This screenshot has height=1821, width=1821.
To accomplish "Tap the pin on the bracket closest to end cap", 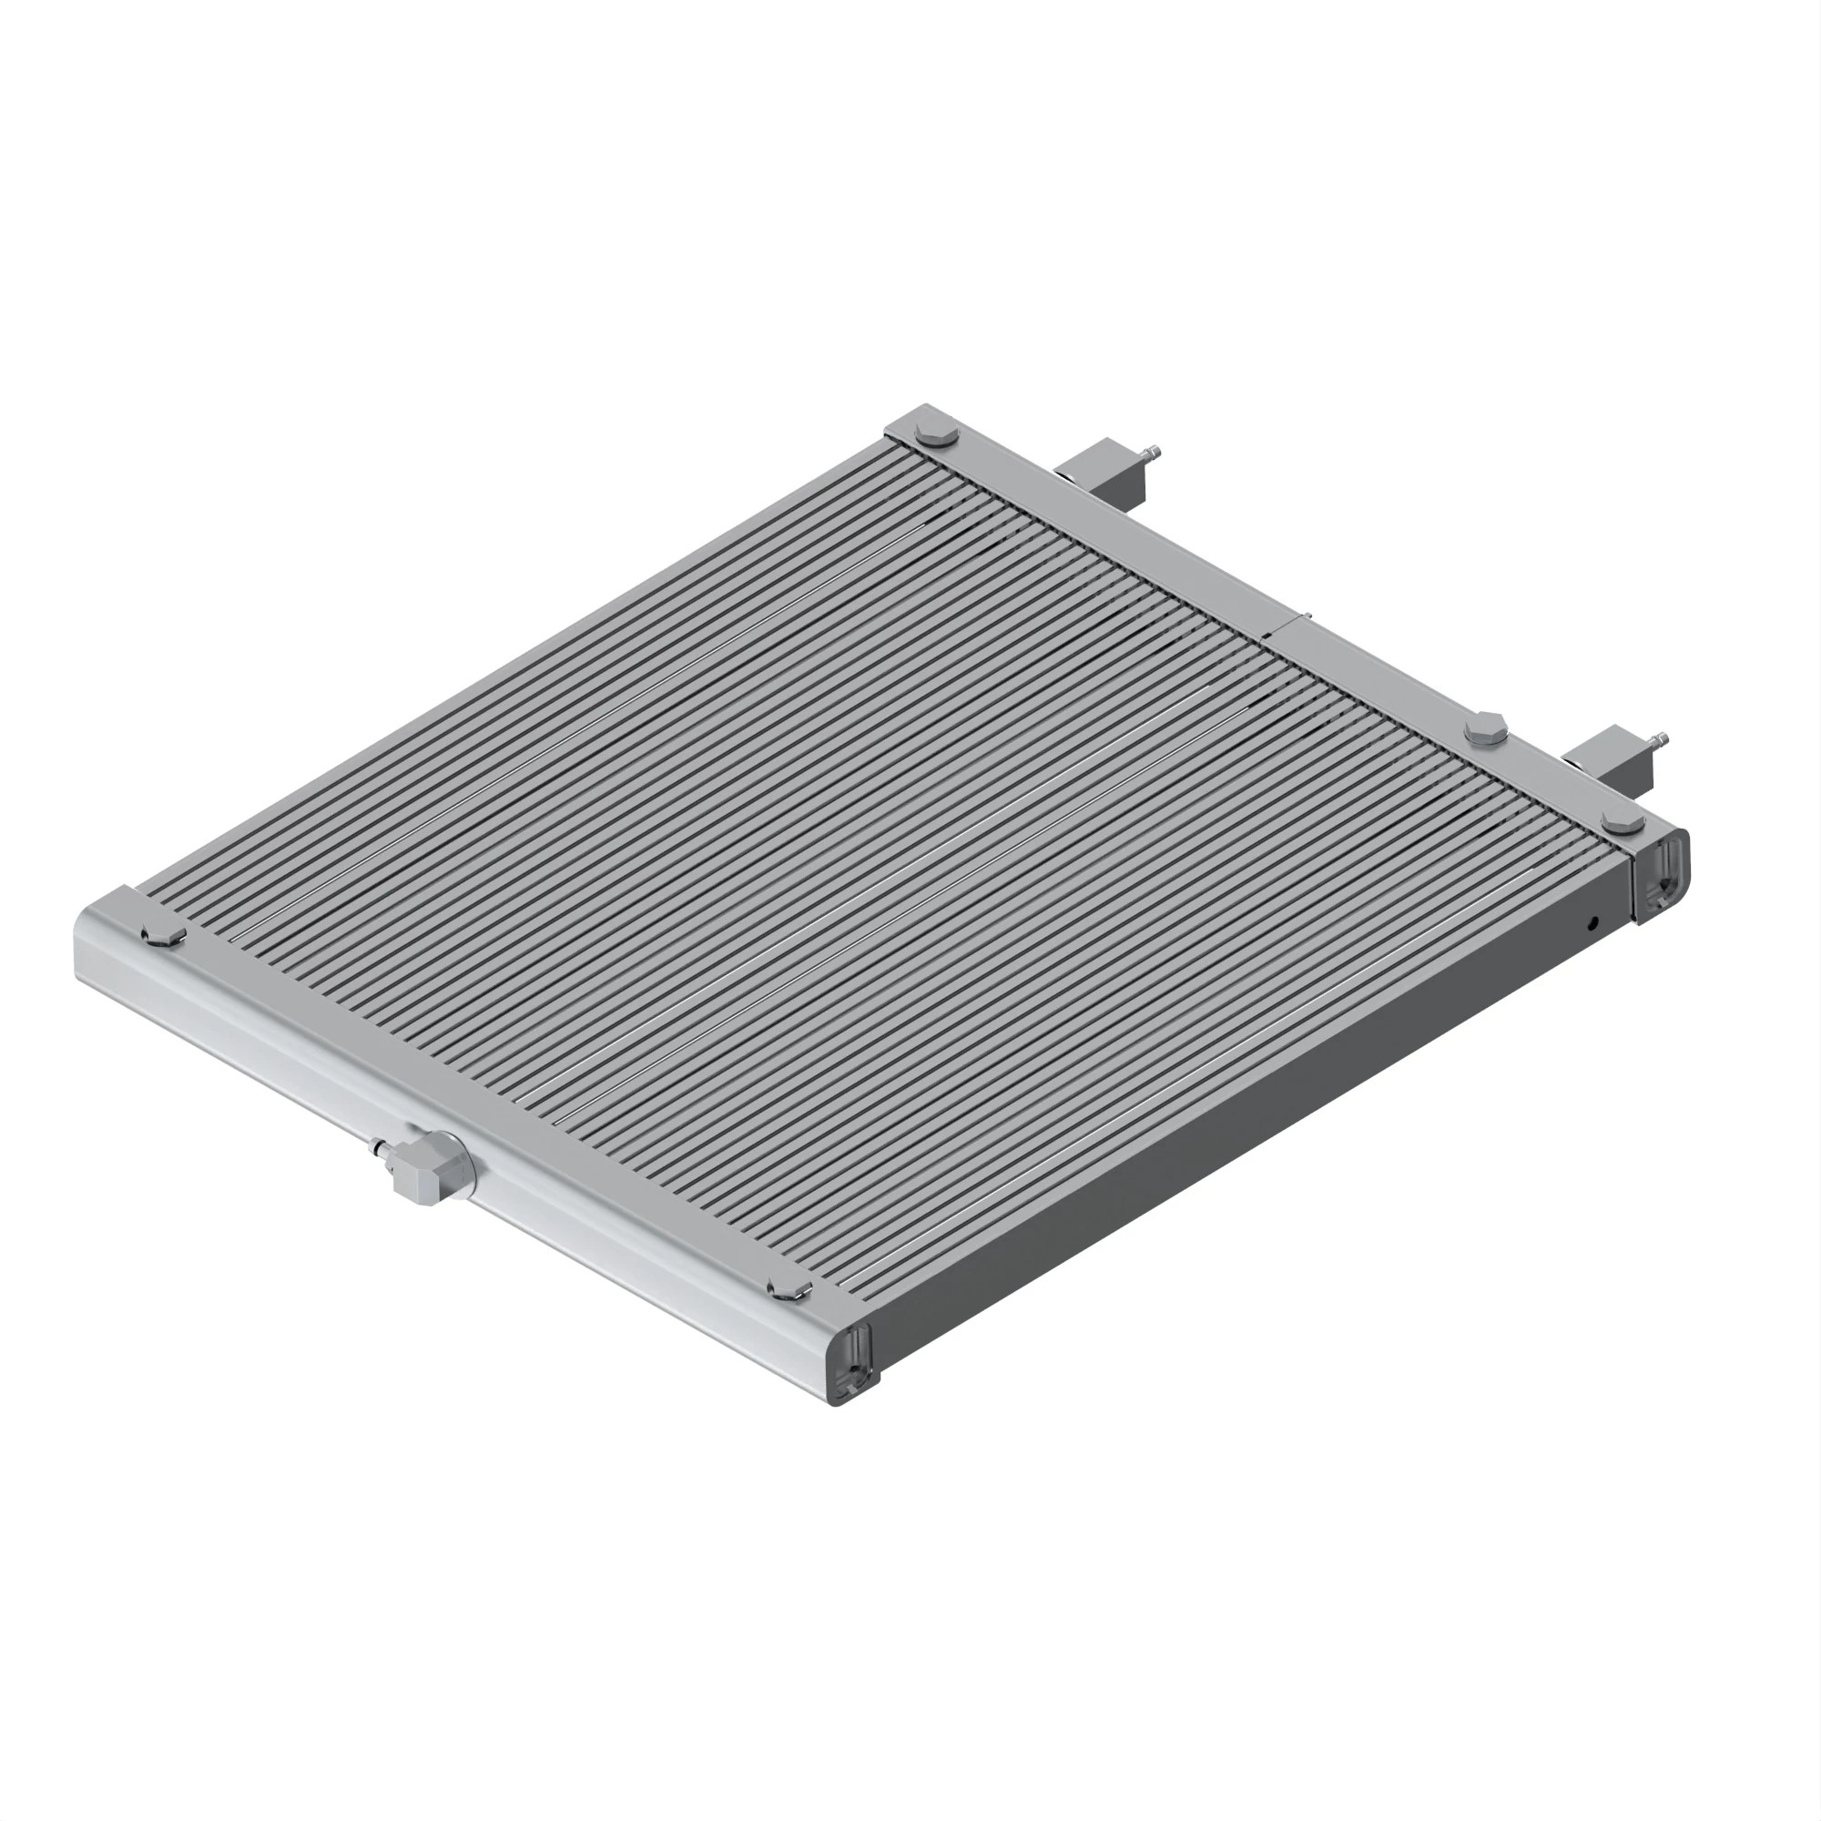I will (x=1661, y=739).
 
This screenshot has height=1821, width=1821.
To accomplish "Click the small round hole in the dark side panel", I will (x=1592, y=922).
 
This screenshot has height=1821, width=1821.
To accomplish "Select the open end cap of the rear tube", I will (x=1663, y=872).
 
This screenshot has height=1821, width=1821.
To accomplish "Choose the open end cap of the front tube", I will (x=854, y=1365).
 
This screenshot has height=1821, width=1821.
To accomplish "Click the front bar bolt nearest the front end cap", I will (x=789, y=1289).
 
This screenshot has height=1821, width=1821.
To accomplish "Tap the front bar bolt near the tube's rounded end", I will (x=162, y=935).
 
